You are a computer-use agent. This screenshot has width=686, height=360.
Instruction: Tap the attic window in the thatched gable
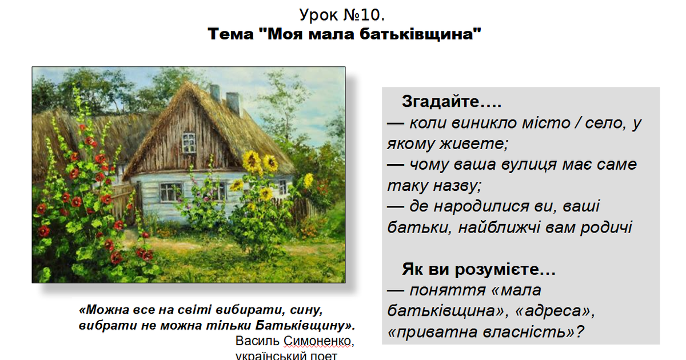click(x=189, y=142)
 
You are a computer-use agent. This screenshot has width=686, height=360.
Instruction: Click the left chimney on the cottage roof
click(x=216, y=93)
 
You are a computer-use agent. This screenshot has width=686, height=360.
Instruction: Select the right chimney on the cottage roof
click(x=233, y=103)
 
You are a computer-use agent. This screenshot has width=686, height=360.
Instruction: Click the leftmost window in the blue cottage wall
click(x=167, y=192)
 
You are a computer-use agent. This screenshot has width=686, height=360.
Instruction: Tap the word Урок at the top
click(x=318, y=15)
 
